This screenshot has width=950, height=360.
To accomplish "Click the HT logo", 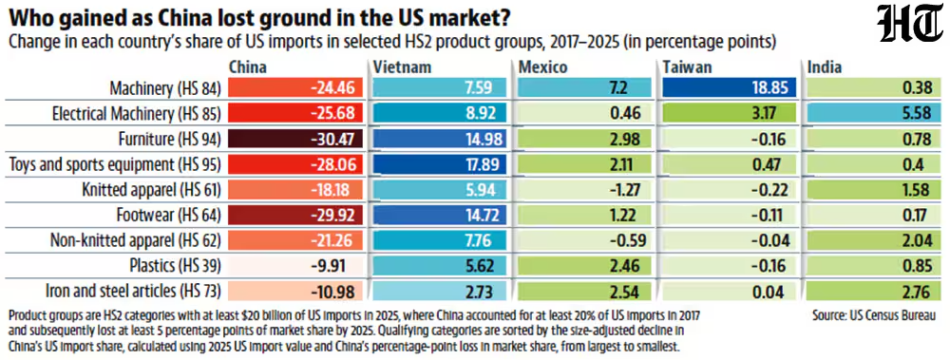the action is click(911, 25).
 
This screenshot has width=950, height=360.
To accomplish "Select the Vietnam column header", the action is click(402, 66).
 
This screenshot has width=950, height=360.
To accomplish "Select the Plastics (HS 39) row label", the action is click(175, 266).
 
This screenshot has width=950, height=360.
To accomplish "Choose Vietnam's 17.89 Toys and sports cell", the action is click(439, 165).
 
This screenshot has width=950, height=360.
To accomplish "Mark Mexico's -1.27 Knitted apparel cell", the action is click(584, 190).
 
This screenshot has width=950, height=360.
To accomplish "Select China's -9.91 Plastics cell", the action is click(295, 266).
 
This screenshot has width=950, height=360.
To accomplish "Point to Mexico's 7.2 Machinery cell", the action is click(584, 88).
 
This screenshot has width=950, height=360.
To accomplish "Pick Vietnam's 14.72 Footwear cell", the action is click(439, 216).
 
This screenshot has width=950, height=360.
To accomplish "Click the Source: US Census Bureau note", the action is click(873, 315).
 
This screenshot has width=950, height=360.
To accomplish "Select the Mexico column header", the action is click(542, 66).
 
